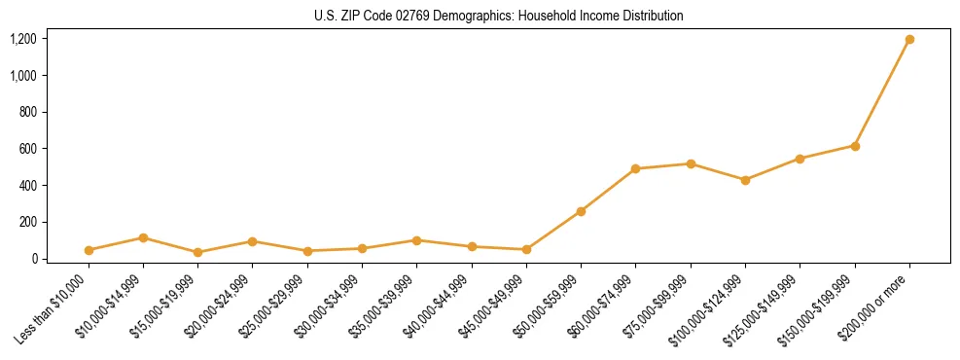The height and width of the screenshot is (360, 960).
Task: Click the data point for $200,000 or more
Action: coord(909,40)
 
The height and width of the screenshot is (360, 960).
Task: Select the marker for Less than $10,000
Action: coord(89,250)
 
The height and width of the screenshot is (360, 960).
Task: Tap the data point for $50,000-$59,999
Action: coord(581,211)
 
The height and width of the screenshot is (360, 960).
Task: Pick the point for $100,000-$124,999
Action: coord(745,180)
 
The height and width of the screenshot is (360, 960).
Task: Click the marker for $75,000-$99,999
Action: coord(691,163)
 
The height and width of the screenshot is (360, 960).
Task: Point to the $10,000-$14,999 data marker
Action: coord(143,237)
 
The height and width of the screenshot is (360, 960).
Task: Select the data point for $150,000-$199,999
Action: coord(855,146)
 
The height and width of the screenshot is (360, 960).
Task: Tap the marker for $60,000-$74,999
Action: coord(635,168)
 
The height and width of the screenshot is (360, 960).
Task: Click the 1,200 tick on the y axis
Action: coord(23,39)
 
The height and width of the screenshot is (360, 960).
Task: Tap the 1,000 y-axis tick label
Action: coord(23,76)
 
